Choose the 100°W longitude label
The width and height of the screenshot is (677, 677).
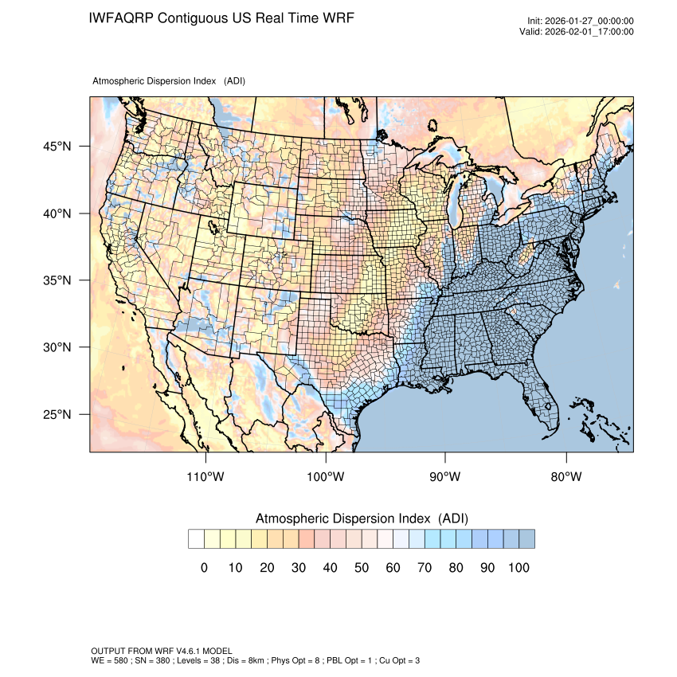[326, 477]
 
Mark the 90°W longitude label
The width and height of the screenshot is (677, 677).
[446, 477]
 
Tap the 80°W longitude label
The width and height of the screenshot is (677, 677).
[566, 477]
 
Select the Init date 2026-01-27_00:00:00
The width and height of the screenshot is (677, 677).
[589, 21]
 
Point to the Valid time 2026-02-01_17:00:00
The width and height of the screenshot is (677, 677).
[589, 32]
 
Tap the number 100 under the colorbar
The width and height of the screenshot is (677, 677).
[518, 567]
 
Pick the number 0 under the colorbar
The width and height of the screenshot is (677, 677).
[205, 567]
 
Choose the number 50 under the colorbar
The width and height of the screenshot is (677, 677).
[361, 567]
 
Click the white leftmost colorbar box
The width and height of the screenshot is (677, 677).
[196, 539]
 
